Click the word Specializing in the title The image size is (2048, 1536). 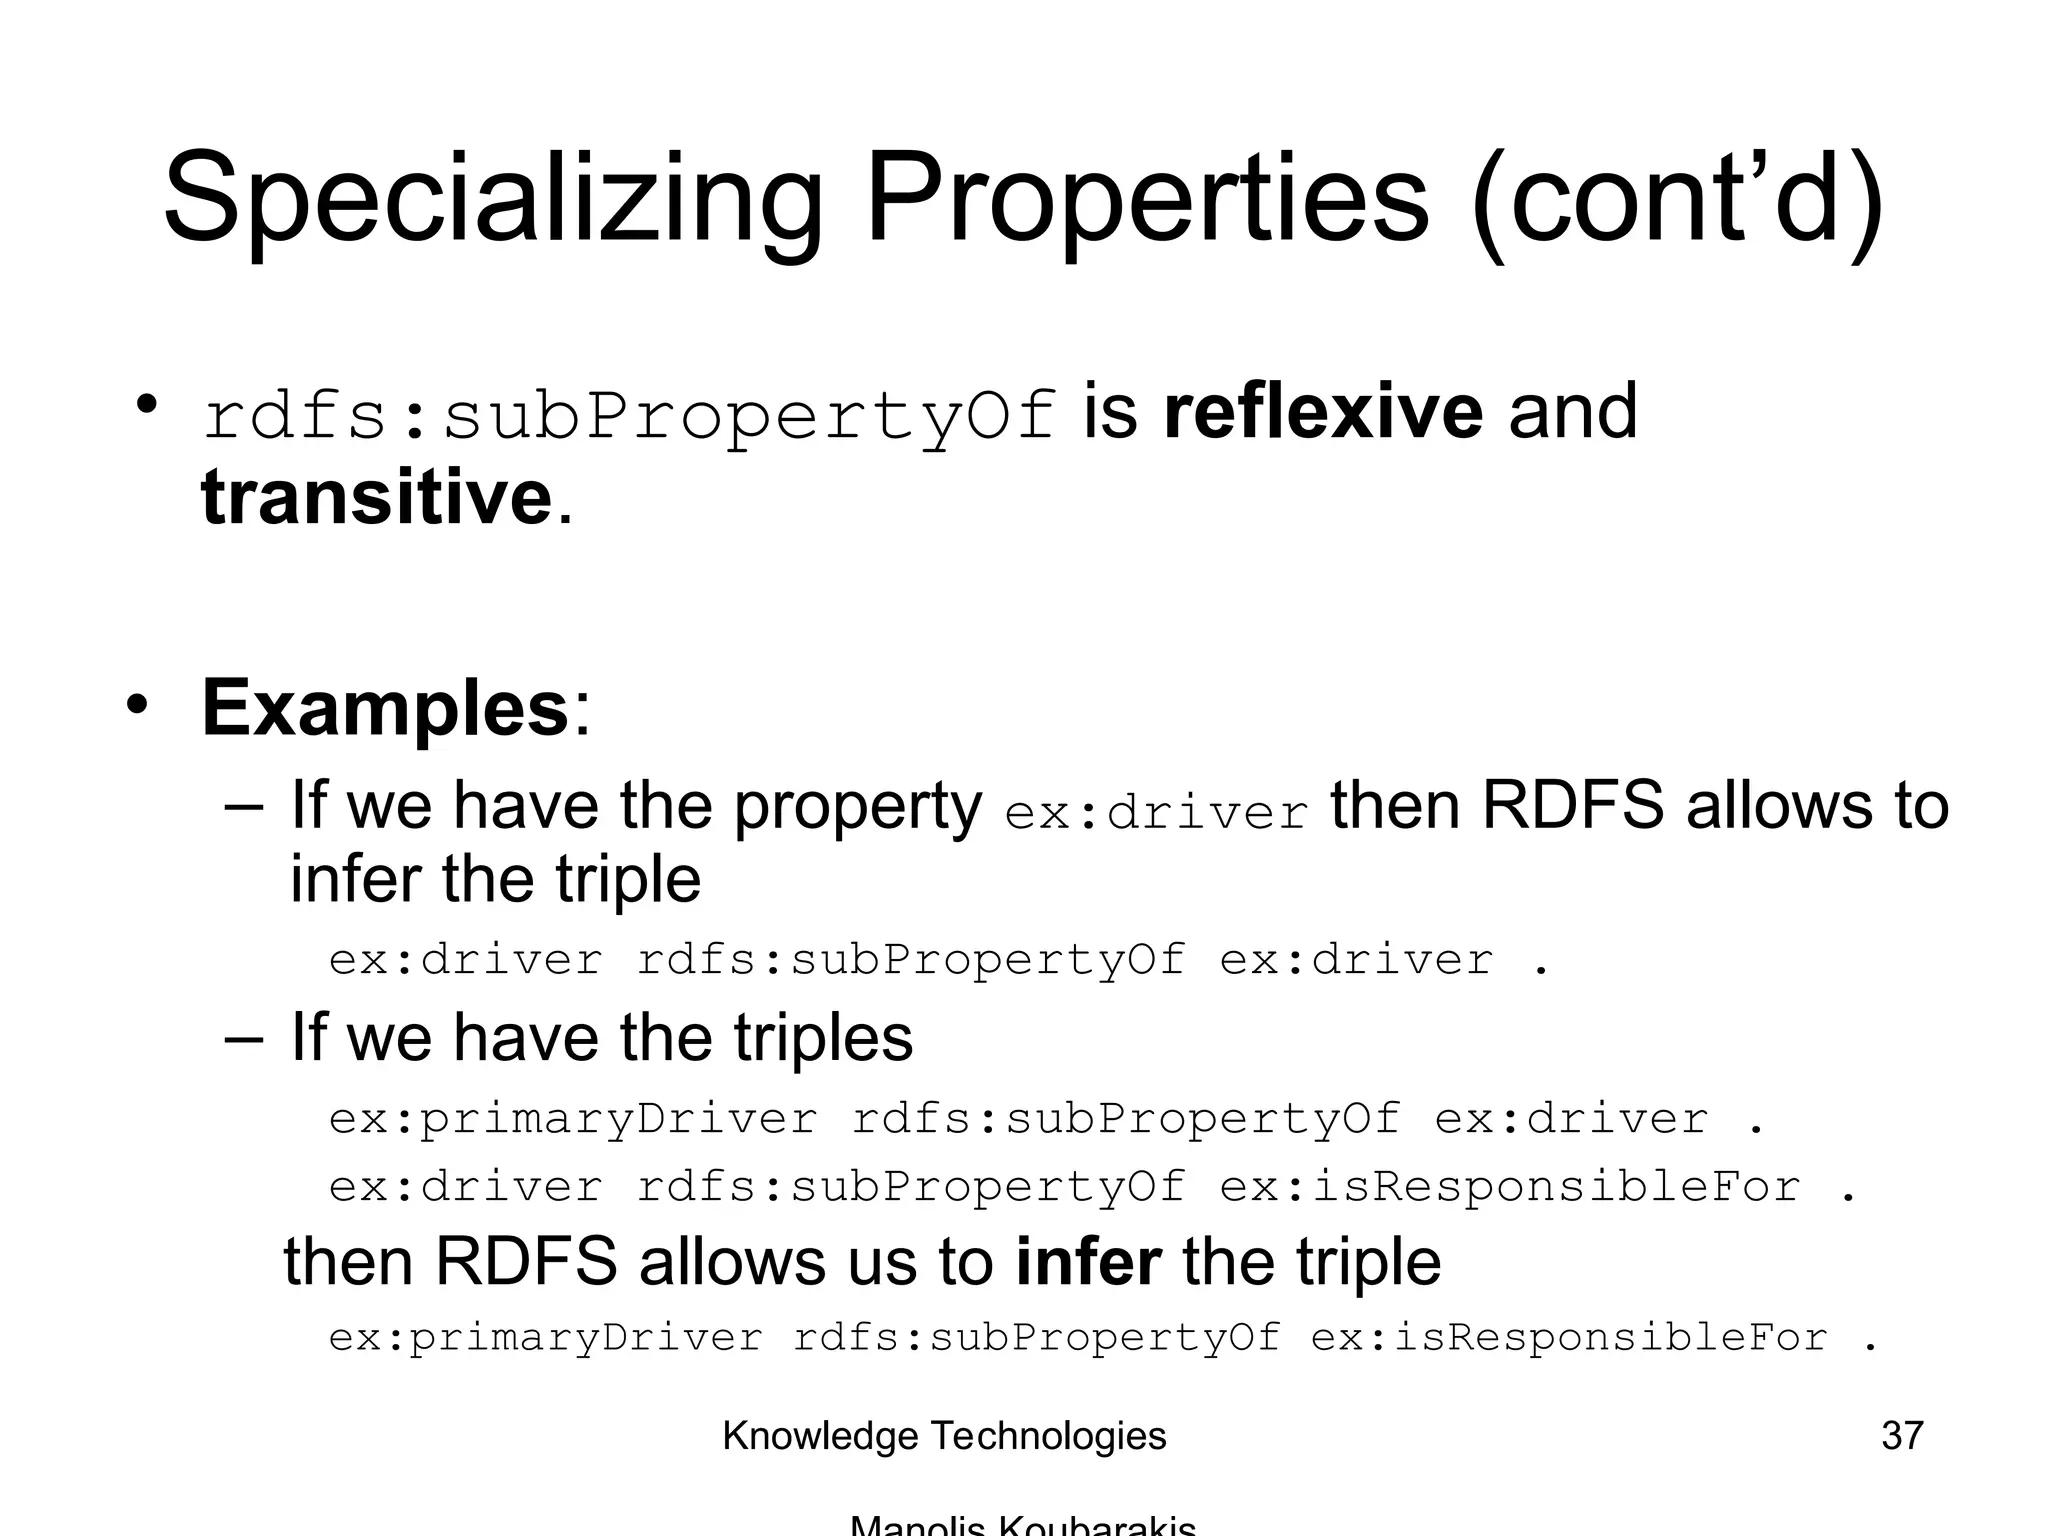pyautogui.click(x=492, y=200)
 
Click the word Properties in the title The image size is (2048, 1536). pyautogui.click(x=1147, y=200)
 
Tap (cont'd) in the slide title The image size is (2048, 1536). pyautogui.click(x=1677, y=200)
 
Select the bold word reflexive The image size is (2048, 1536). pyautogui.click(x=1323, y=412)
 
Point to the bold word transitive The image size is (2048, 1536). pyautogui.click(x=377, y=497)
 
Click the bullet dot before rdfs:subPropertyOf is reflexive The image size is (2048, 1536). pyautogui.click(x=148, y=406)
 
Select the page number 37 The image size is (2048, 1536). pyautogui.click(x=1901, y=1436)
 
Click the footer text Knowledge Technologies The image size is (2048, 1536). pyautogui.click(x=944, y=1436)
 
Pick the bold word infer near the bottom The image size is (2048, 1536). pyautogui.click(x=1088, y=1262)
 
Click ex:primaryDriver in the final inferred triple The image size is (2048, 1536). pyautogui.click(x=546, y=1338)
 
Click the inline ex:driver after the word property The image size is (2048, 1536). pyautogui.click(x=1156, y=813)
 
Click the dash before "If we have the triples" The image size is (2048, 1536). pyautogui.click(x=245, y=1037)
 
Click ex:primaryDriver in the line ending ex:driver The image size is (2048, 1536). pyautogui.click(x=573, y=1118)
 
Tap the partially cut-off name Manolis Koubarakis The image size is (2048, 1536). pyautogui.click(x=1022, y=1526)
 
